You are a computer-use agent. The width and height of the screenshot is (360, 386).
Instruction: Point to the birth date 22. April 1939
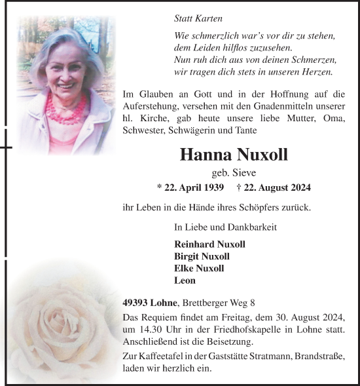191,187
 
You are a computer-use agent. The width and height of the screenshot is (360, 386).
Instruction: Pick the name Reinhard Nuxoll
209,244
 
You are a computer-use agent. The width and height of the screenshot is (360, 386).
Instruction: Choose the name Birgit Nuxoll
202,256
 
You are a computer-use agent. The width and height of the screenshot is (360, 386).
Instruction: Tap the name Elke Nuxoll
199,268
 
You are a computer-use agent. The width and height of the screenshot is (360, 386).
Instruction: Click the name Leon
185,280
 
